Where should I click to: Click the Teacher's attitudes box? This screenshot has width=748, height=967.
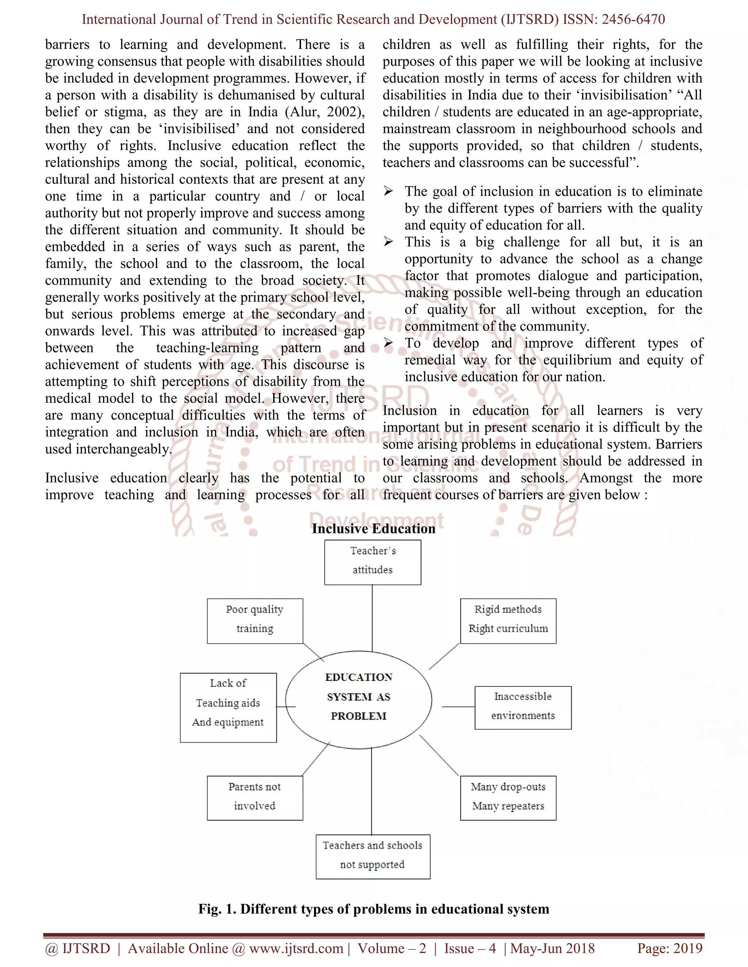coord(373,562)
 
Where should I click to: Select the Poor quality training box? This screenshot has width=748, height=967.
coord(255,621)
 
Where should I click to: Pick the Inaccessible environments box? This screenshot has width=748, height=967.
coord(523,708)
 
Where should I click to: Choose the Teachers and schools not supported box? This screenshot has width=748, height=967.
coord(373,856)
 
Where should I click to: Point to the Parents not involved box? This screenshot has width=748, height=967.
coord(255,798)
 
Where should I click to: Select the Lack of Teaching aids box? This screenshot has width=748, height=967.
coord(228,708)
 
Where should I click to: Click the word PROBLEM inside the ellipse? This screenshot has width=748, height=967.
coord(359,716)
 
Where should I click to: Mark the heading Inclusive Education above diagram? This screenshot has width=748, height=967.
coord(374,529)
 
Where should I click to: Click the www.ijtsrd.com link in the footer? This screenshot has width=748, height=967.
coord(296,948)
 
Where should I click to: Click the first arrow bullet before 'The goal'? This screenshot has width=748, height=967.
coord(388,191)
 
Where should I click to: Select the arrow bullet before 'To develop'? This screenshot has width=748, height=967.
coord(388,343)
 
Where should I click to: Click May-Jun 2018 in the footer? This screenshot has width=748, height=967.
coord(553,948)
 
